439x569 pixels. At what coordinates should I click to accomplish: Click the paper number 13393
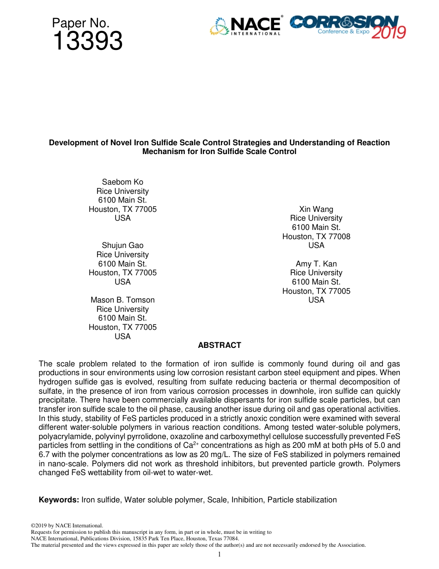(x=87, y=42)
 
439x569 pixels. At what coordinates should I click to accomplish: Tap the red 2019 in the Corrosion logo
(x=388, y=32)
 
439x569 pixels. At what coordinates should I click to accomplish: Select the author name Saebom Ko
(x=122, y=182)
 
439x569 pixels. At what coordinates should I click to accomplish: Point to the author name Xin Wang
(x=316, y=209)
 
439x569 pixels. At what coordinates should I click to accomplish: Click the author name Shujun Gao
(x=122, y=245)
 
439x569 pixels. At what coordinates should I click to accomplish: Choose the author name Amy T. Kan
(x=316, y=264)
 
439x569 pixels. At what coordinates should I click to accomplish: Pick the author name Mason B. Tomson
(x=122, y=300)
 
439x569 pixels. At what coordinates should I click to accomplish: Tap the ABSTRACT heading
(x=219, y=345)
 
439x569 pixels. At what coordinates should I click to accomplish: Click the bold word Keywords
(x=59, y=500)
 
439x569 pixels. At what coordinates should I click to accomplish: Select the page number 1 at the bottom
(x=219, y=554)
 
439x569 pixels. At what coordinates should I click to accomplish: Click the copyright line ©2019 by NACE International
(x=67, y=526)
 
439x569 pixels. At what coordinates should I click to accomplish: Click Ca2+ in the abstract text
(x=189, y=445)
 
